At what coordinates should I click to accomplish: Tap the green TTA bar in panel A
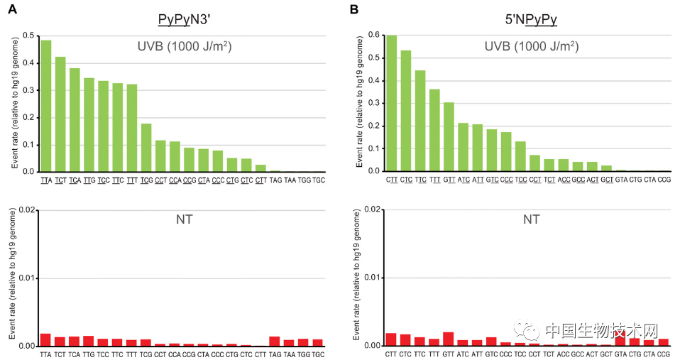coord(46,106)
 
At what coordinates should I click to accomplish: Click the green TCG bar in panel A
coord(146,148)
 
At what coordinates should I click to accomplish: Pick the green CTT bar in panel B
coord(391,103)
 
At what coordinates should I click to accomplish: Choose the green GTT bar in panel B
coord(449,137)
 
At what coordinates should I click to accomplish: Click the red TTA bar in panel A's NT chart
coord(45,339)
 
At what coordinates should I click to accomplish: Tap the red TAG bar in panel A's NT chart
coord(275,341)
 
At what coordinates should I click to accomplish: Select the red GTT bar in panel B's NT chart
coord(448,339)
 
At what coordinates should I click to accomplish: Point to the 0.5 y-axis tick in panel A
coord(28,36)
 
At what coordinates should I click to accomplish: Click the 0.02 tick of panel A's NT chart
coord(26,210)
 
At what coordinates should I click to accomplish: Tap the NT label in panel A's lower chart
coord(185,220)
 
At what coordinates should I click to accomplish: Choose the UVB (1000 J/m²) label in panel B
coord(531,47)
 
